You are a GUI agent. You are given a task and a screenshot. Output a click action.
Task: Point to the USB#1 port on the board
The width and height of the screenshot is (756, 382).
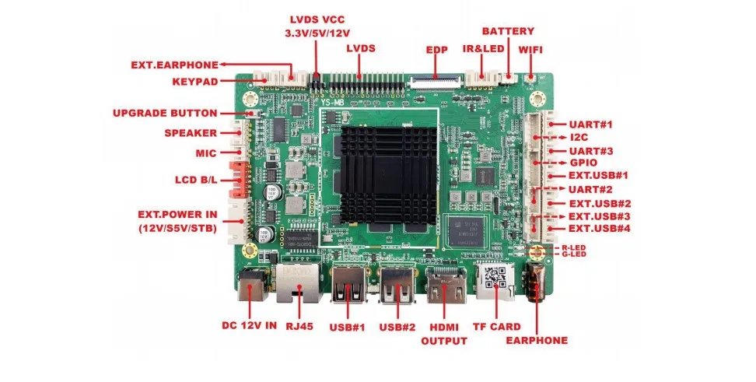click(346, 288)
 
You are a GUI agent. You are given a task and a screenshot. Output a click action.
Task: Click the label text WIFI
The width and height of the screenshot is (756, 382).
click(530, 50)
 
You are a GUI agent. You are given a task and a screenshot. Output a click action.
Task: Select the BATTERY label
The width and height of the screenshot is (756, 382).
click(508, 31)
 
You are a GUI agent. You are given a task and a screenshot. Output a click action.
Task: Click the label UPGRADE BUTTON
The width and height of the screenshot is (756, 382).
click(165, 113)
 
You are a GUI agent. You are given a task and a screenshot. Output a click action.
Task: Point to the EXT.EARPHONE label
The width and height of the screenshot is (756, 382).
click(175, 65)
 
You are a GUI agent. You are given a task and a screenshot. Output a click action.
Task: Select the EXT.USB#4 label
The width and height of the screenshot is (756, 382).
click(599, 228)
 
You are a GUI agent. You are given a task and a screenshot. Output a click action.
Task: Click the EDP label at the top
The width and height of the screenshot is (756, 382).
click(437, 48)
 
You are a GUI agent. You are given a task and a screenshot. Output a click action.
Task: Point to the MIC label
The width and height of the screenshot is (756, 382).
click(206, 153)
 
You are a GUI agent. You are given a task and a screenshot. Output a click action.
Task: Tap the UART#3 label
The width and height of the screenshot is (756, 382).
click(591, 150)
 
